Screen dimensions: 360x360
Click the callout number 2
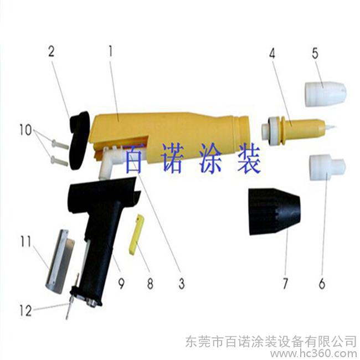[52, 51]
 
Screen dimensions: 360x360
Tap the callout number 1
[111, 51]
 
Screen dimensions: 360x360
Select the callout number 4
[272, 54]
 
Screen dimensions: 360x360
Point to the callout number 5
[315, 53]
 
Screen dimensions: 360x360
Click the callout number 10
[25, 130]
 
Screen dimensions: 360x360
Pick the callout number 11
[25, 242]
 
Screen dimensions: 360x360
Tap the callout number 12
[25, 311]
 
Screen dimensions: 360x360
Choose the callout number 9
[121, 283]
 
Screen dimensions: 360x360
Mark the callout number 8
[150, 283]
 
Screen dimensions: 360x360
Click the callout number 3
[182, 283]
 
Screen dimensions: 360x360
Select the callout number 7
[285, 283]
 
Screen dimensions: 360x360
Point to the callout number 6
[322, 283]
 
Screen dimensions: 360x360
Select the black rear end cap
[78, 140]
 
